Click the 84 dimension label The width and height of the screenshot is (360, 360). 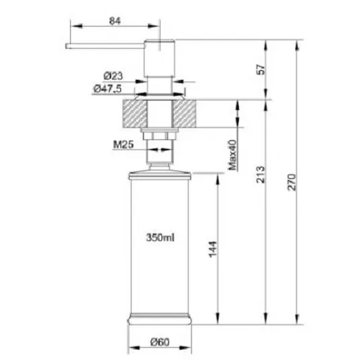tap(115, 21)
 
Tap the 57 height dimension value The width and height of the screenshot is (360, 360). tap(261, 70)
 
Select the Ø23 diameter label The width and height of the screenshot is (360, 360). tap(114, 76)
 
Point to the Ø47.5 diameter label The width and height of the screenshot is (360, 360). tap(107, 89)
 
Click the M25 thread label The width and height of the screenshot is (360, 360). tap(124, 144)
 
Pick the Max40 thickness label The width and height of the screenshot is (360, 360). tap(232, 155)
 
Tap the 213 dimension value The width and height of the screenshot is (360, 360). tap(261, 175)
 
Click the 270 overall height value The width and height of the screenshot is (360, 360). tap(292, 182)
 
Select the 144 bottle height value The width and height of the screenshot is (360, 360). tap(213, 249)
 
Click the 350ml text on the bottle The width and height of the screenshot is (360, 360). tap(161, 237)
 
